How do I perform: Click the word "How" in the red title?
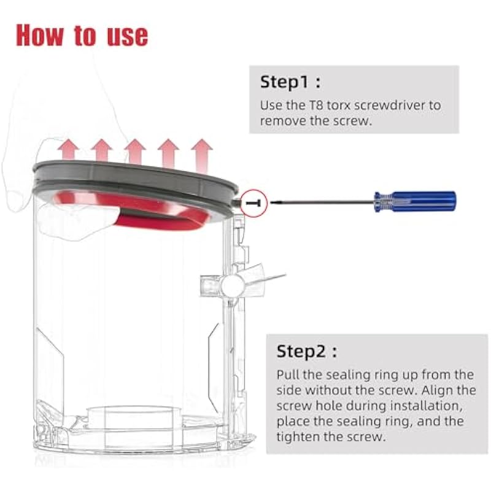click(x=39, y=35)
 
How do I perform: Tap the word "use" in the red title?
click(x=127, y=37)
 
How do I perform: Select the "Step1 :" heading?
click(x=290, y=82)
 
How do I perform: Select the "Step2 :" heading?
click(x=307, y=351)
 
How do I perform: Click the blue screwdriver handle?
click(x=416, y=201)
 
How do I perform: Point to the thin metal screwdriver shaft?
click(x=323, y=203)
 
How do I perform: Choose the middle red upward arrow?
click(x=135, y=152)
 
